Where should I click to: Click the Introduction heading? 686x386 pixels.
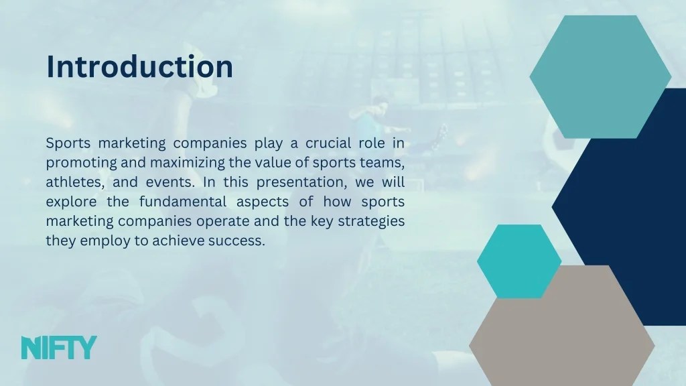[139, 66]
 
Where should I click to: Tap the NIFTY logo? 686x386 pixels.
[59, 348]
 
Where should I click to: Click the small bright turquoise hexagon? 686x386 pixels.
[519, 261]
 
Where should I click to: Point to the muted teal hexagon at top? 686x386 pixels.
[600, 76]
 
